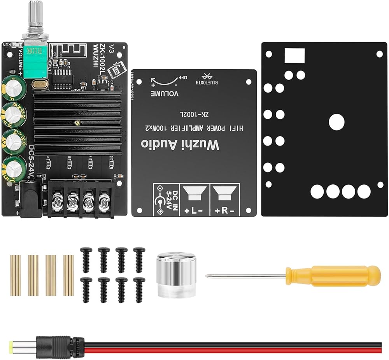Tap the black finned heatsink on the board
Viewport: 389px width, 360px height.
pyautogui.click(x=78, y=121)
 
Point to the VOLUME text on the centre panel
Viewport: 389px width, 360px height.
pyautogui.click(x=165, y=94)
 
